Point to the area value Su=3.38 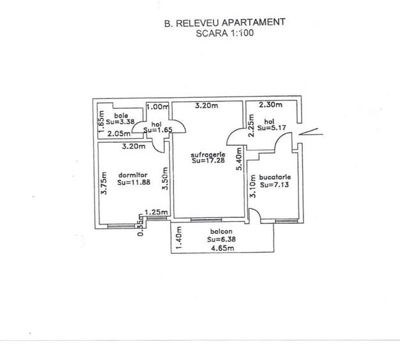[119, 123]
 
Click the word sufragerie [206, 155]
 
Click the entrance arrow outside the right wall [311, 133]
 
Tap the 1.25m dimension [156, 213]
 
